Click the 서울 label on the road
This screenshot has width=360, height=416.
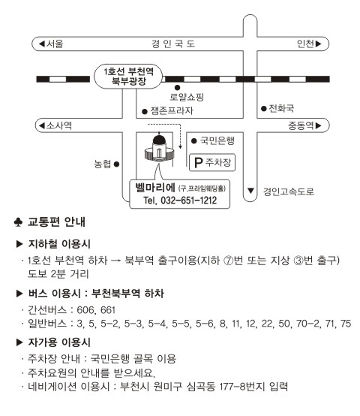(x=55, y=44)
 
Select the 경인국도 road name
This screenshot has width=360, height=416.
(x=173, y=44)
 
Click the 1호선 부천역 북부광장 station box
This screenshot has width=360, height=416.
(x=128, y=77)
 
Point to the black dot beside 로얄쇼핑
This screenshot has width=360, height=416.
(x=177, y=88)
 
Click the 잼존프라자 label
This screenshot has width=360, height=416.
(x=172, y=110)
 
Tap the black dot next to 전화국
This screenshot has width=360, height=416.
(x=263, y=109)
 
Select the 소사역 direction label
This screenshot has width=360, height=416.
(x=58, y=125)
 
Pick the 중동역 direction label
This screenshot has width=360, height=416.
(x=301, y=125)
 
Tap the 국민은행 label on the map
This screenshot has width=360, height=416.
(x=217, y=140)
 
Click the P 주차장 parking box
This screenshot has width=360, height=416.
(x=212, y=162)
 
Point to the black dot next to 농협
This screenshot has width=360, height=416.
(x=116, y=164)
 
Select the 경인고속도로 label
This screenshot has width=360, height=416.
(x=289, y=191)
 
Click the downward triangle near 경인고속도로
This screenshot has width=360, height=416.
(x=250, y=191)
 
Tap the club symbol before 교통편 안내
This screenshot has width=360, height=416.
(x=18, y=222)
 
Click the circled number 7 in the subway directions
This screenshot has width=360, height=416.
(x=228, y=261)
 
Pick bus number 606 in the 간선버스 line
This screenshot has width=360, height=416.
(x=85, y=310)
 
